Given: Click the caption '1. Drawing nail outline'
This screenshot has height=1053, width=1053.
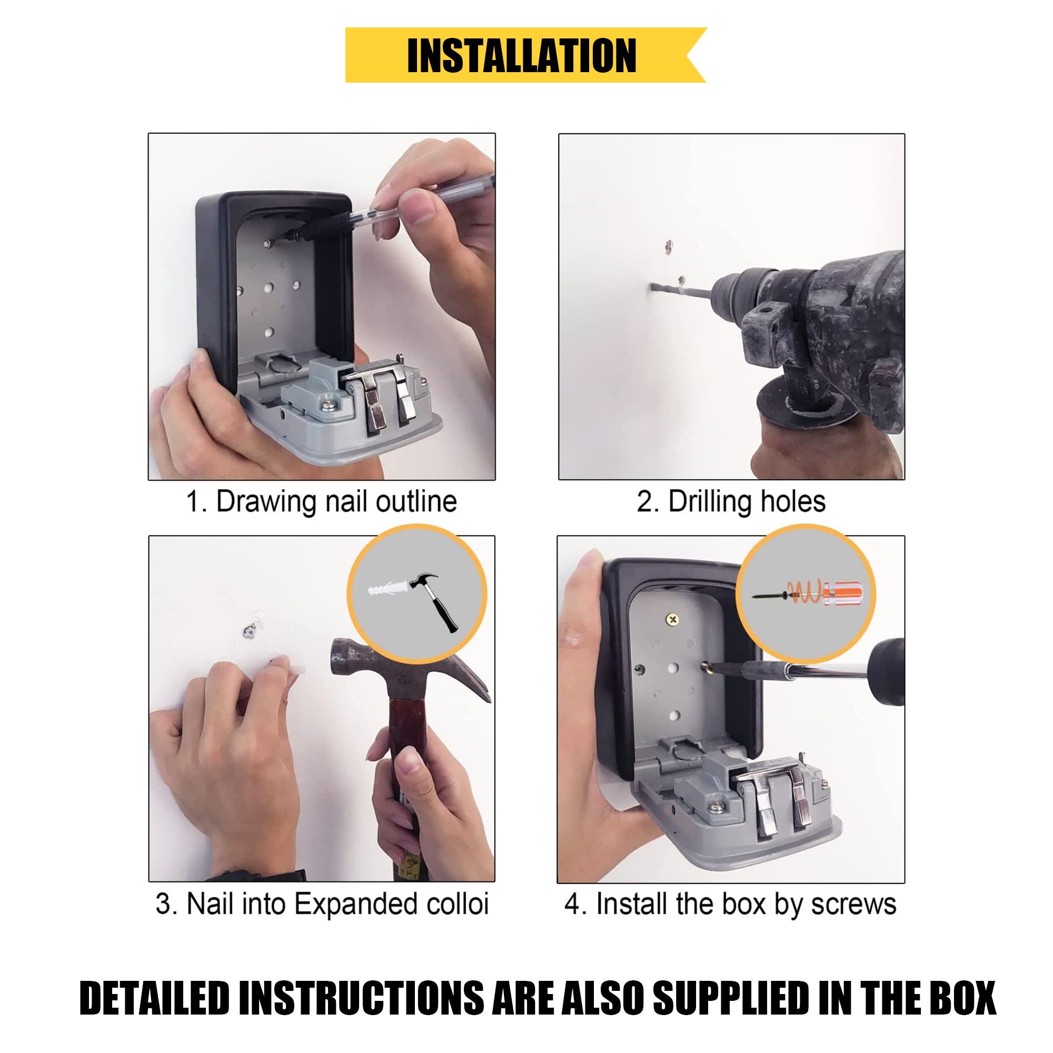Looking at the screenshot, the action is click(x=321, y=501).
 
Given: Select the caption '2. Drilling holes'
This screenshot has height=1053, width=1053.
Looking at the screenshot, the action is click(x=731, y=501).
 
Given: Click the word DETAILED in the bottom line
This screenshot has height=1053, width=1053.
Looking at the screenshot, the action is click(x=155, y=998).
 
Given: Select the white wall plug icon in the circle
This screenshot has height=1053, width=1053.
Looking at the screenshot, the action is click(x=388, y=589).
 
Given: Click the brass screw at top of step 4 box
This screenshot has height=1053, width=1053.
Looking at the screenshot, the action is click(x=672, y=619).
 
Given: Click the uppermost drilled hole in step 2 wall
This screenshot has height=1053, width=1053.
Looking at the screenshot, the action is click(x=669, y=246).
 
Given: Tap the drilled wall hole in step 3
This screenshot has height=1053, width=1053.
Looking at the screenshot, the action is click(x=249, y=632).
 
